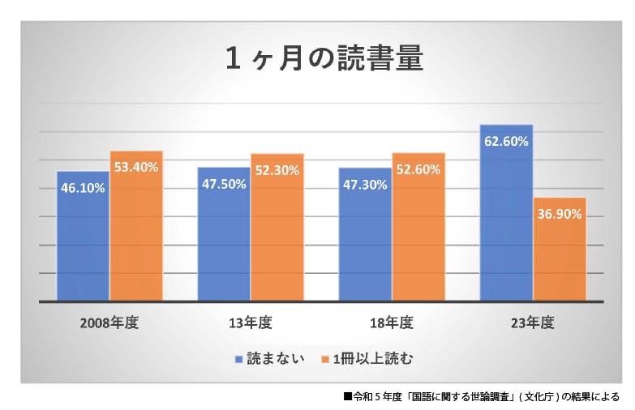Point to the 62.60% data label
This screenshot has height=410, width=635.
tap(506, 141)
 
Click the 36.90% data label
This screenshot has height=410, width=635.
tap(560, 214)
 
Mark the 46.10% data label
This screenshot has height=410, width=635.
tap(83, 187)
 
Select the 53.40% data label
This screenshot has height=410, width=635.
tap(136, 167)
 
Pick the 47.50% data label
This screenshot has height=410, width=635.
tap(224, 184)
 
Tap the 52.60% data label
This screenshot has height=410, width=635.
tap(418, 169)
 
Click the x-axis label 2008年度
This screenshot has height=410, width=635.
tap(109, 322)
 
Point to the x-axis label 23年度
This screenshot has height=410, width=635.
tap(533, 322)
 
